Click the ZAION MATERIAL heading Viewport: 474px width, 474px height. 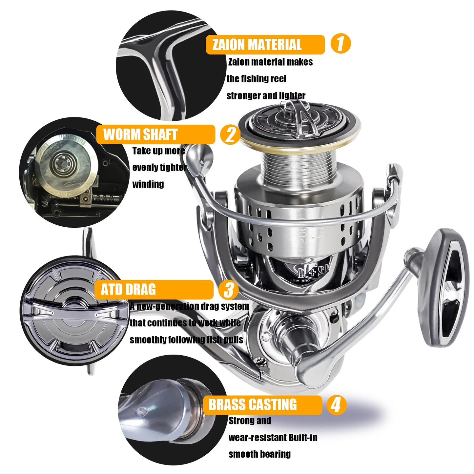(x=257, y=45)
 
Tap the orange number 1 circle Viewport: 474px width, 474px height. (x=340, y=43)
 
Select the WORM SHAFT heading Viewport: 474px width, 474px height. (x=140, y=134)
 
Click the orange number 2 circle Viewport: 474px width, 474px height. (x=230, y=134)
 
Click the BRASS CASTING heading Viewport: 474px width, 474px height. (x=253, y=405)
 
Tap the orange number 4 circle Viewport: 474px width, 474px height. (x=336, y=405)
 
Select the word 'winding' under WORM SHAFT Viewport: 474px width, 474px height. (x=148, y=184)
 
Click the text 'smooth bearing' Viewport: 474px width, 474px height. (x=259, y=454)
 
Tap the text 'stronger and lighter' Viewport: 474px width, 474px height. (x=266, y=96)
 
